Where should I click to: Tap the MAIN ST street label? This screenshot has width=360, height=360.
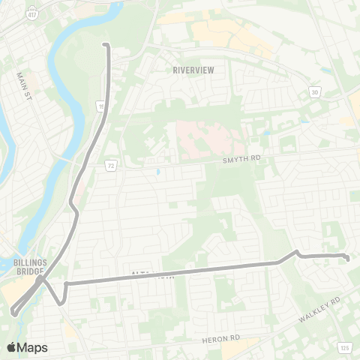[x=26, y=87]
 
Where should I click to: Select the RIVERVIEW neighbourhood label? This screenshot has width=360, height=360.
[x=193, y=70]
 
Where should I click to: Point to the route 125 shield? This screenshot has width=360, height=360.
[x=344, y=347]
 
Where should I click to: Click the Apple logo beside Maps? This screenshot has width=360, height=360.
[x=11, y=347]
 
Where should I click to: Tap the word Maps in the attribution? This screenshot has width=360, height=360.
[x=32, y=347]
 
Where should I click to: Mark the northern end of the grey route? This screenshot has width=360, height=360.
[x=104, y=45]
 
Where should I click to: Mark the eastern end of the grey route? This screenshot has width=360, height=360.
[x=348, y=259]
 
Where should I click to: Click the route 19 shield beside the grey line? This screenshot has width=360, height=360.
[x=100, y=108]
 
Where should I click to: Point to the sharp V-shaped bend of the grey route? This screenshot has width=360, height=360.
[x=61, y=302]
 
